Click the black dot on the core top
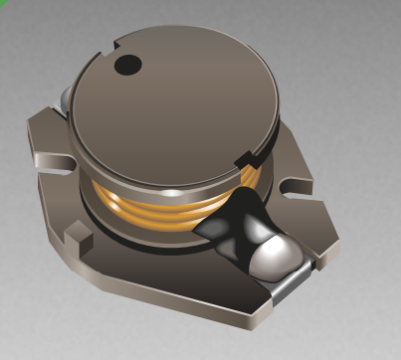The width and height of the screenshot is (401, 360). (128, 66)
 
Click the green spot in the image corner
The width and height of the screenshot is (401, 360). (4, 4)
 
